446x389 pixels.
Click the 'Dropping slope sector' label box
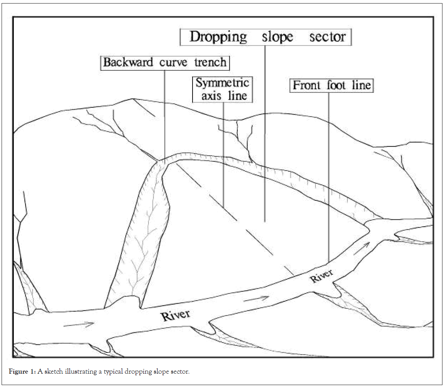[x=265, y=37]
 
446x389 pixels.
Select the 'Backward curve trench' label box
[x=165, y=62]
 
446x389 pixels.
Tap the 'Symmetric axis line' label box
[x=222, y=89]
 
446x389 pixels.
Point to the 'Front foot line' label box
[x=332, y=85]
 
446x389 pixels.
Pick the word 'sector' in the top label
[x=327, y=37]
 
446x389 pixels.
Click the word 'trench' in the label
[x=210, y=62]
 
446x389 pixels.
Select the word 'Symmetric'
[x=222, y=83]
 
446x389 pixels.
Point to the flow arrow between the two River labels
[x=256, y=299]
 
